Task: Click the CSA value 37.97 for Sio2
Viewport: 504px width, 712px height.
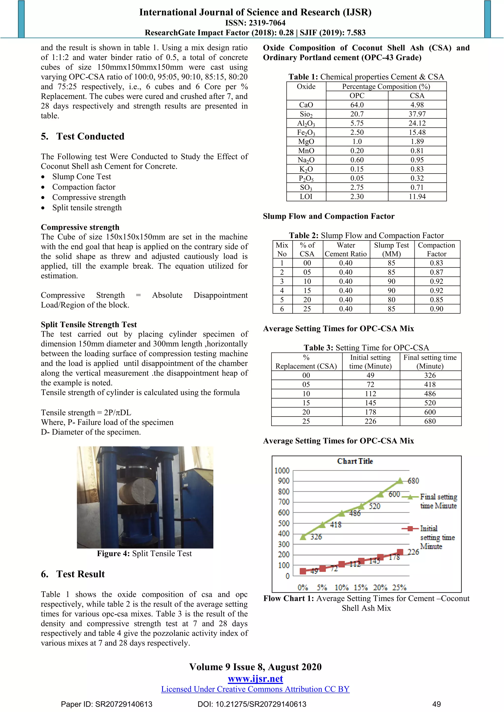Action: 417,114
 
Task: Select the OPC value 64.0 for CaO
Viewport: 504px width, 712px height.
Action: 357,105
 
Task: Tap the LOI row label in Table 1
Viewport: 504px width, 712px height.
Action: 306,197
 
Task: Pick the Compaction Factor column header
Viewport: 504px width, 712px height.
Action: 436,249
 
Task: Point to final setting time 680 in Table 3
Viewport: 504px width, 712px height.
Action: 430,421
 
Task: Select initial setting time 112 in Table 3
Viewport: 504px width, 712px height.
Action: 370,394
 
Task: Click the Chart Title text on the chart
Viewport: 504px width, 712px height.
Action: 355,461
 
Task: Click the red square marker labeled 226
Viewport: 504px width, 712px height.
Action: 400,552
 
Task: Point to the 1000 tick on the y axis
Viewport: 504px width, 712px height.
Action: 282,471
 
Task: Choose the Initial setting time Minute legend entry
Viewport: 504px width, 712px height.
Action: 437,537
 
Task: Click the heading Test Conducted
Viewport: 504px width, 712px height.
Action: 90,136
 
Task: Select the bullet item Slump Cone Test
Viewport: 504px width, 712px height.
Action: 81,177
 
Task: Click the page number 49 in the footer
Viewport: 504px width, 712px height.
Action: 436,704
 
